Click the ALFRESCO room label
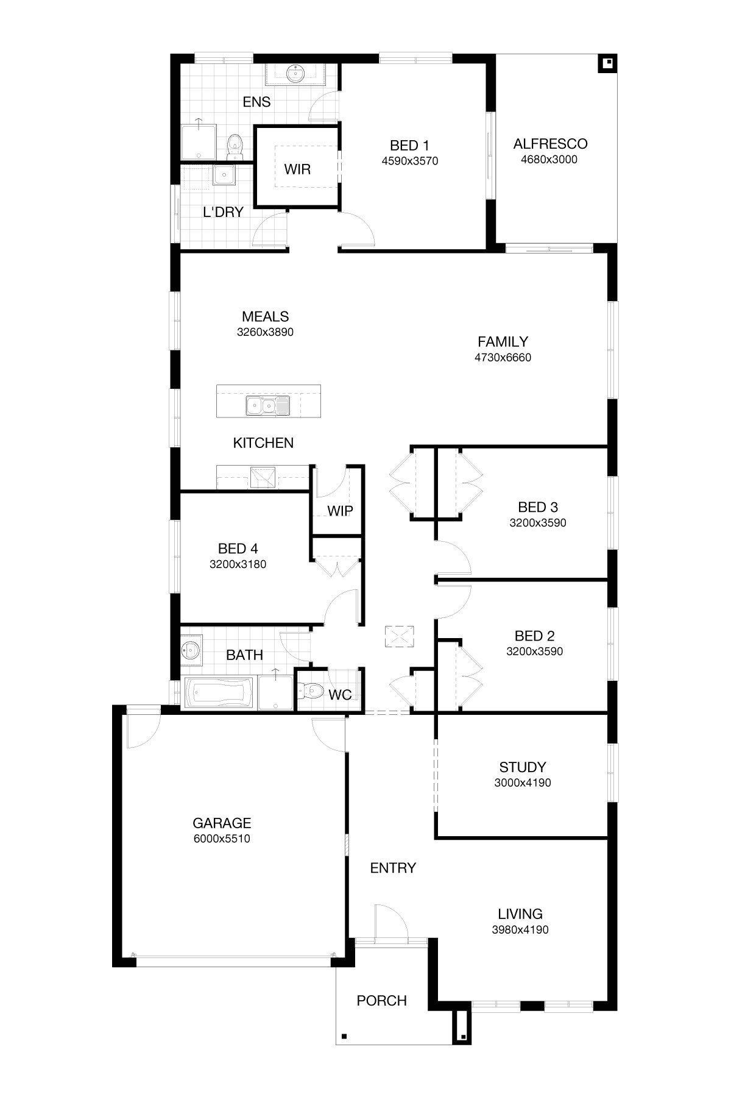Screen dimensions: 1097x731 click(x=550, y=144)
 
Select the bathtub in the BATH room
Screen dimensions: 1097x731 click(x=218, y=694)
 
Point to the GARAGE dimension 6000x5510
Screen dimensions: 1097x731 click(x=222, y=839)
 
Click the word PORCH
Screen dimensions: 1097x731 click(x=381, y=1001)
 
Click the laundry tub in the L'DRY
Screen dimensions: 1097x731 click(x=224, y=176)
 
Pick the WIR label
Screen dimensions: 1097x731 click(x=297, y=169)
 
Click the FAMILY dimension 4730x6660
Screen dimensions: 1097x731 click(x=503, y=358)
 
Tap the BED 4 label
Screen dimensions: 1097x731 click(x=238, y=548)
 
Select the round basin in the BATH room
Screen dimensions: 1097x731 click(x=190, y=650)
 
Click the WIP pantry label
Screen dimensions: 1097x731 click(x=340, y=511)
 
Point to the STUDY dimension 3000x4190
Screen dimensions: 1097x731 click(x=523, y=783)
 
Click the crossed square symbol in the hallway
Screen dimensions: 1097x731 click(x=399, y=637)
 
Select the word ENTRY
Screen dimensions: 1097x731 click(x=393, y=868)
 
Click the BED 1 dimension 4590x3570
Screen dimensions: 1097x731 click(x=410, y=162)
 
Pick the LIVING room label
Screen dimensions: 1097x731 click(x=520, y=914)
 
